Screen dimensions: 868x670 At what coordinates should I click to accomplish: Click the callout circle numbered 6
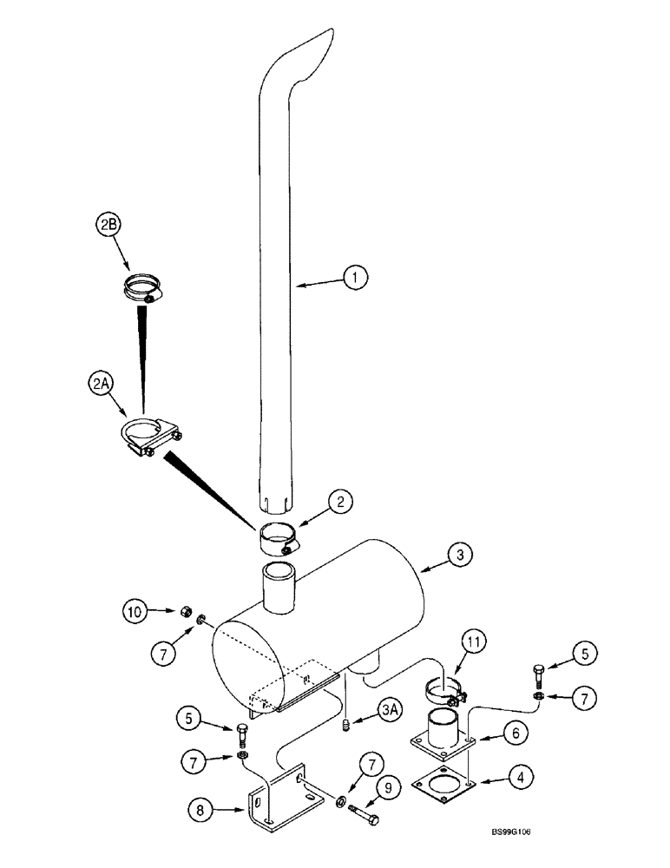pyautogui.click(x=516, y=734)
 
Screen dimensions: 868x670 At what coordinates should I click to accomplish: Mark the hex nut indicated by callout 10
pyautogui.click(x=186, y=613)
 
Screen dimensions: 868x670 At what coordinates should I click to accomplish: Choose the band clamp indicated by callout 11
pyautogui.click(x=444, y=693)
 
